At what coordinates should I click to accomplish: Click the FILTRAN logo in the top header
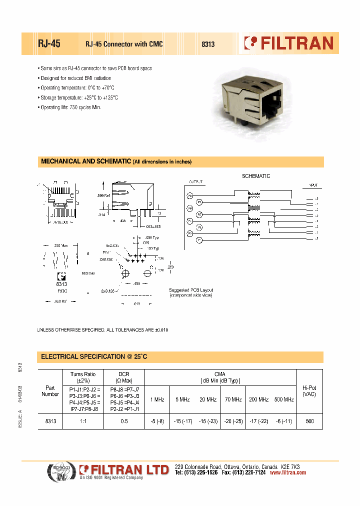pyautogui.click(x=288, y=43)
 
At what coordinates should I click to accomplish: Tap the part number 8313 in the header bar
pyautogui.click(x=208, y=44)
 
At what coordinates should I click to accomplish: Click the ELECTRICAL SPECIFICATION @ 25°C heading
pyautogui.click(x=94, y=356)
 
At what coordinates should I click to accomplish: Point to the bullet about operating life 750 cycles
pyautogui.click(x=70, y=107)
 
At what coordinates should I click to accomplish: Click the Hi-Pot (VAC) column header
pyautogui.click(x=309, y=391)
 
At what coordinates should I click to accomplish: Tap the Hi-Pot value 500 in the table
pyautogui.click(x=309, y=421)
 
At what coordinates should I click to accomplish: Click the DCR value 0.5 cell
pyautogui.click(x=123, y=421)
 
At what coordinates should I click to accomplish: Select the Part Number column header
pyautogui.click(x=50, y=391)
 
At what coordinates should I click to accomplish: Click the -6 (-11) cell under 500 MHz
pyautogui.click(x=284, y=421)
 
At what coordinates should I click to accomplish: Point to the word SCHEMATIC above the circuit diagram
pyautogui.click(x=256, y=176)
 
